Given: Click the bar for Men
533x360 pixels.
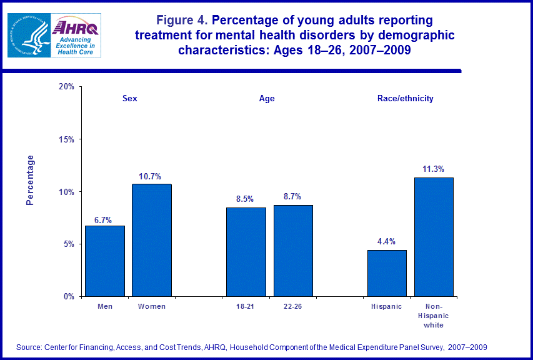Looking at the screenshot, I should click(105, 261).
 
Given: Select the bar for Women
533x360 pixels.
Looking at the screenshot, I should click(152, 240).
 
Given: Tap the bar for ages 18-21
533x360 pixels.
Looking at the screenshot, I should click(246, 252).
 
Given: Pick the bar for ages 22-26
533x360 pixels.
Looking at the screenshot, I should click(293, 251).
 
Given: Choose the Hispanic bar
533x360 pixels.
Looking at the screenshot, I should click(387, 273).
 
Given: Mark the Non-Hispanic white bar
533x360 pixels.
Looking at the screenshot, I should click(434, 237).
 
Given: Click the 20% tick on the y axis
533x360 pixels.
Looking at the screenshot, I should click(66, 87).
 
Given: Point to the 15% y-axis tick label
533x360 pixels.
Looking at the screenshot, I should click(66, 139).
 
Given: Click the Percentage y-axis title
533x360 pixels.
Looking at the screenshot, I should click(30, 180).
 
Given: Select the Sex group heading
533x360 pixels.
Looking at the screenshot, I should click(129, 99).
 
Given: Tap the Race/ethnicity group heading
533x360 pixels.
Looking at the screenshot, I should click(405, 99).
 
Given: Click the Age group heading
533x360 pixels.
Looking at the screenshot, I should click(267, 99).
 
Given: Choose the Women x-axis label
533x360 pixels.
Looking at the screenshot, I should click(152, 307).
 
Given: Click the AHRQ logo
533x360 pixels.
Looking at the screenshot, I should click(74, 35).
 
